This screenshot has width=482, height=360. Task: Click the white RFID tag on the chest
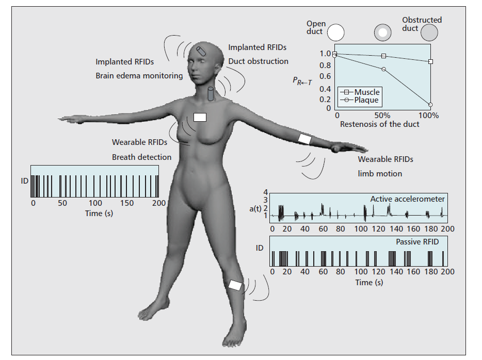pyautogui.click(x=200, y=117)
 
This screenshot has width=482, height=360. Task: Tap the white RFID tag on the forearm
pyautogui.click(x=305, y=139)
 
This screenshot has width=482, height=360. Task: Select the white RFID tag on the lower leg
pyautogui.click(x=235, y=285)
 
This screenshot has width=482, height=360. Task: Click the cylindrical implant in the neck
pyautogui.click(x=211, y=95)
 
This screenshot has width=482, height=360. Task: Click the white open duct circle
pyautogui.click(x=335, y=32)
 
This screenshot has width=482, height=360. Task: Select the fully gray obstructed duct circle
pyautogui.click(x=429, y=33)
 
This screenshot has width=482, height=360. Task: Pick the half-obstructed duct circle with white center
pyautogui.click(x=382, y=32)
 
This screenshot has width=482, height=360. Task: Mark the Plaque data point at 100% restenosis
pyautogui.click(x=430, y=104)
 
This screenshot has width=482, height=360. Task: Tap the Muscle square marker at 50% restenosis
pyautogui.click(x=383, y=56)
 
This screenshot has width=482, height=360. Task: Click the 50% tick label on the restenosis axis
pyautogui.click(x=382, y=116)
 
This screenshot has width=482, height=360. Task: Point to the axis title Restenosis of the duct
pyautogui.click(x=379, y=124)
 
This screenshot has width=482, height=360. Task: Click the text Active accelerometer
pyautogui.click(x=407, y=199)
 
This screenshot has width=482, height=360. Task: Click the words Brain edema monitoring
pyautogui.click(x=139, y=76)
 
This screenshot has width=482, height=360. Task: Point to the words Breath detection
pyautogui.click(x=141, y=157)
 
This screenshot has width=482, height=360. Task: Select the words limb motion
pyautogui.click(x=380, y=174)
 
